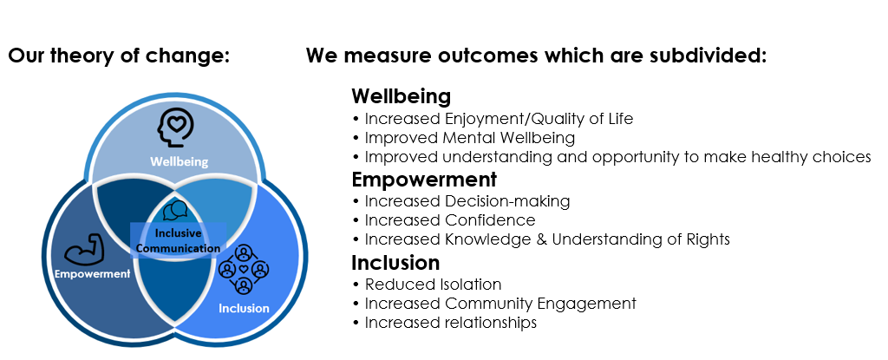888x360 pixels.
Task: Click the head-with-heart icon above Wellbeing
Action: coord(176,128)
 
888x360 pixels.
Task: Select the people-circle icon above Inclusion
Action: coord(244,268)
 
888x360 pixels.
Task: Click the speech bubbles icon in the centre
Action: coord(175,211)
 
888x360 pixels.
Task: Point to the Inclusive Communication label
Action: coord(179,241)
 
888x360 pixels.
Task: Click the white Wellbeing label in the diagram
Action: coord(179,161)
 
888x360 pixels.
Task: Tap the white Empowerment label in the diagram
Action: coord(92,274)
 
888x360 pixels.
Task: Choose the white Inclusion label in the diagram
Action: coord(244,309)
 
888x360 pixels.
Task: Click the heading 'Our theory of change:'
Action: coord(119,56)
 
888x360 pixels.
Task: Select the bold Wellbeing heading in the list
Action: coord(401,96)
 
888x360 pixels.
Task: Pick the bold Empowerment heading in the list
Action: coord(424,180)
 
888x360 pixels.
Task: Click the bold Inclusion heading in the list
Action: coord(395,263)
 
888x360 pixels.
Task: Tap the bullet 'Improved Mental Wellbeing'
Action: coord(464,138)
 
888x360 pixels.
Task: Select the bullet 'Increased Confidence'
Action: coord(444,220)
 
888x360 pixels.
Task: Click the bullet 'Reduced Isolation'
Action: coord(427,284)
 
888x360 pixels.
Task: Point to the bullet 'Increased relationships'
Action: coord(445,323)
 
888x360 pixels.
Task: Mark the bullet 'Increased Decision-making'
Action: coord(461,201)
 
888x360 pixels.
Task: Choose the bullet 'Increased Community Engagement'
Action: coord(494,304)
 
